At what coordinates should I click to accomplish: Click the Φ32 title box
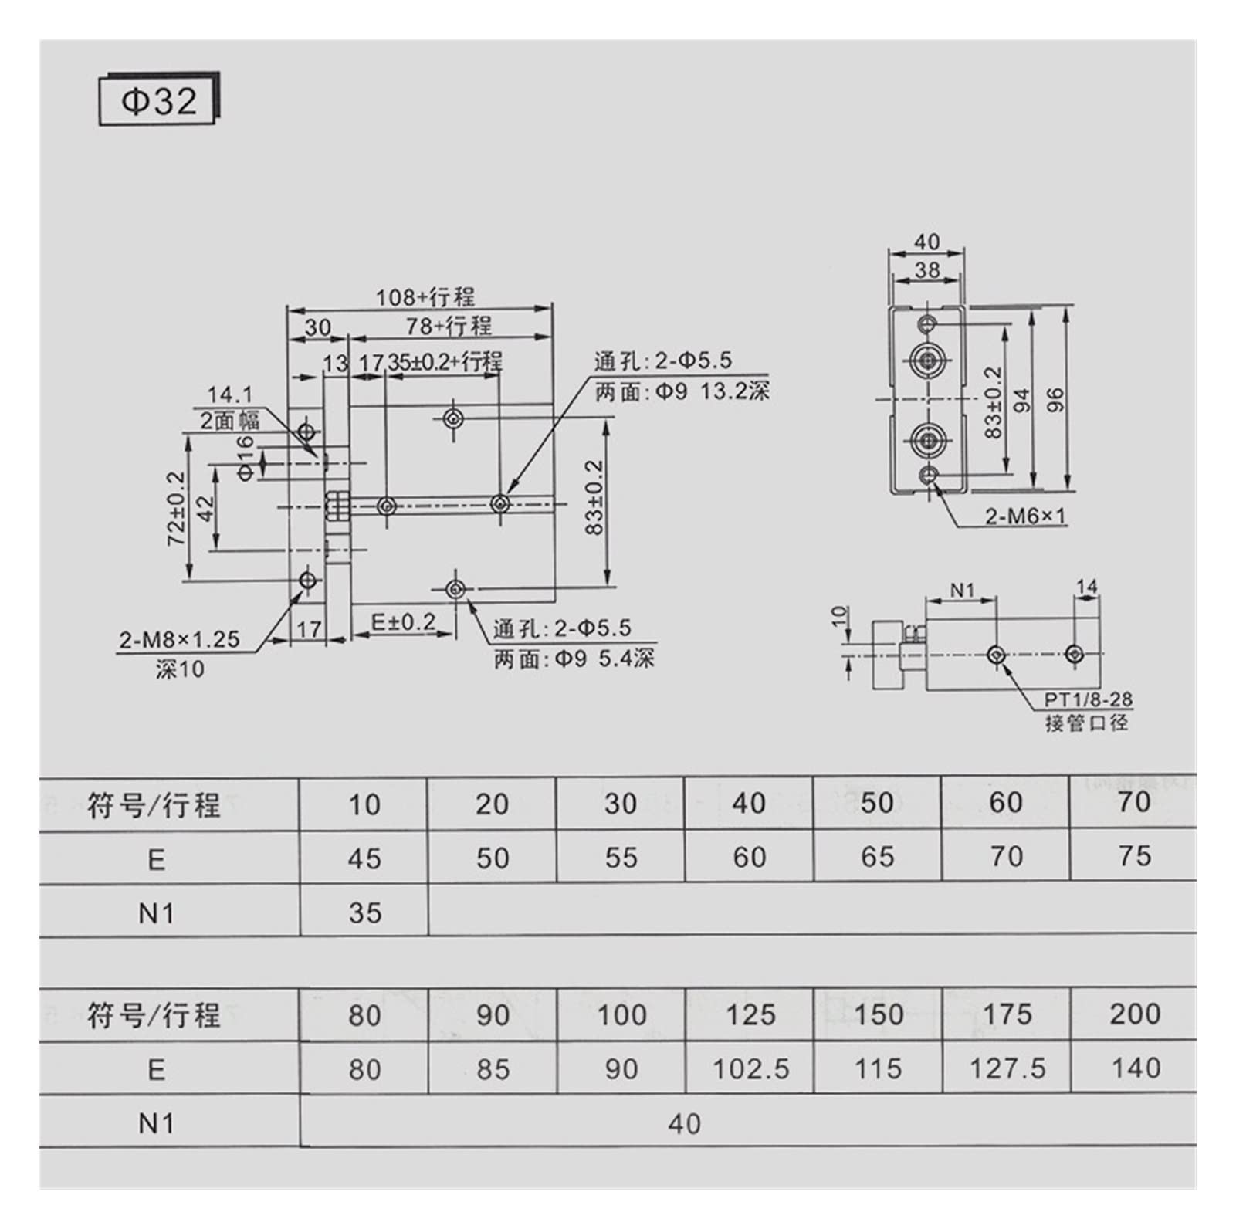[159, 100]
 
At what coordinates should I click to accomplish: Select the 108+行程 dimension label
[425, 297]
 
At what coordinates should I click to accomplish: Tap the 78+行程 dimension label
[449, 326]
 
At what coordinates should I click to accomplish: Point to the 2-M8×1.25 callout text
[179, 639]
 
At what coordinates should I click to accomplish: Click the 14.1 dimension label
[229, 395]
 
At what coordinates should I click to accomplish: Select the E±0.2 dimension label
[404, 621]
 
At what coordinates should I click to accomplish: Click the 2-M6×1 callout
[1025, 516]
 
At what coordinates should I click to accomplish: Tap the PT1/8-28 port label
[1089, 699]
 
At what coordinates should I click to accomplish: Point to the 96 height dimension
[1055, 399]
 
